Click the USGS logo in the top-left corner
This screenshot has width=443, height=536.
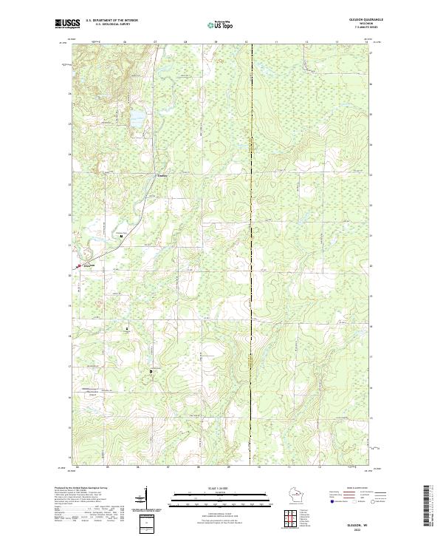click(68, 24)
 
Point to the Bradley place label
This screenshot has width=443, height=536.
click(162, 176)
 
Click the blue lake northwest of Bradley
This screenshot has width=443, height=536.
click(137, 118)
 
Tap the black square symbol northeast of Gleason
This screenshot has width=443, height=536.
click(121, 236)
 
